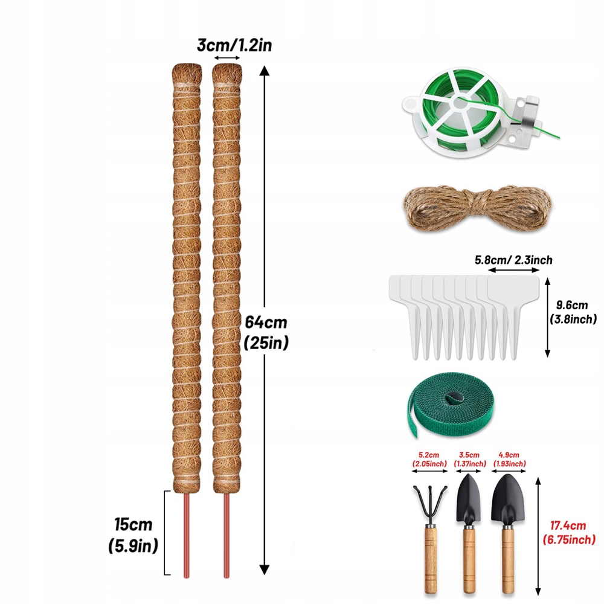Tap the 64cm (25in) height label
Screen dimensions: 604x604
coord(266,332)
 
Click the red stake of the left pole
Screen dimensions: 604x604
coord(186,535)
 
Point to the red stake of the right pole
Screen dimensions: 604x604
coord(227,535)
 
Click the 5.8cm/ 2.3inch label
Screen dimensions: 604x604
coord(513,260)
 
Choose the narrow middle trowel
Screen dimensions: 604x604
coord(469,532)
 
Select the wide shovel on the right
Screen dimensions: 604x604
coord(508,532)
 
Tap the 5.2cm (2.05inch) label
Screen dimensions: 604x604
coord(429,459)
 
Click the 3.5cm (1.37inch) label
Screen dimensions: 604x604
coord(469,459)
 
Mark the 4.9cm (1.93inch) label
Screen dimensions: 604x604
coord(509,459)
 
